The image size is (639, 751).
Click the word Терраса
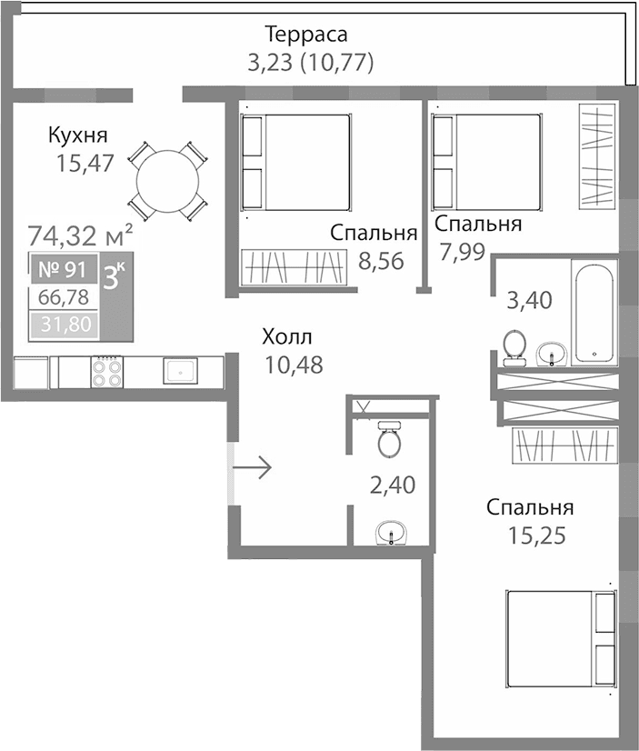[306, 35]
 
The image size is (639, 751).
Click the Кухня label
[78, 136]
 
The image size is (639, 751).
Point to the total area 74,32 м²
[81, 236]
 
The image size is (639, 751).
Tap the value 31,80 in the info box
[65, 324]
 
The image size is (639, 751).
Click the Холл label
[287, 337]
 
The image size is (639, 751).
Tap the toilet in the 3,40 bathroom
[514, 346]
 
